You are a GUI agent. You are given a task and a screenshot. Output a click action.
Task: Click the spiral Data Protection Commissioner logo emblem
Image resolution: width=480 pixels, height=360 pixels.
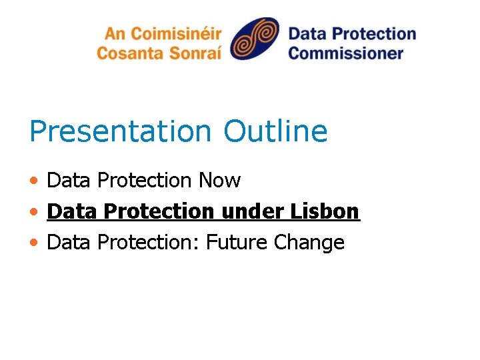(x=255, y=38)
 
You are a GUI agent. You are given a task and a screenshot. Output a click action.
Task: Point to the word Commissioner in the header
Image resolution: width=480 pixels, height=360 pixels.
(x=346, y=52)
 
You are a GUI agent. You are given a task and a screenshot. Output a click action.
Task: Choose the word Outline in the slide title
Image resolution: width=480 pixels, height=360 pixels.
(x=275, y=131)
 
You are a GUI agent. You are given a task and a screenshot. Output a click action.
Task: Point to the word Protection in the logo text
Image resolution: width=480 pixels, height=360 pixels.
(x=373, y=33)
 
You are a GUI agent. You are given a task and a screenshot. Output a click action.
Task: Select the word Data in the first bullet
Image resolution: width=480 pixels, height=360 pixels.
(x=69, y=180)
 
